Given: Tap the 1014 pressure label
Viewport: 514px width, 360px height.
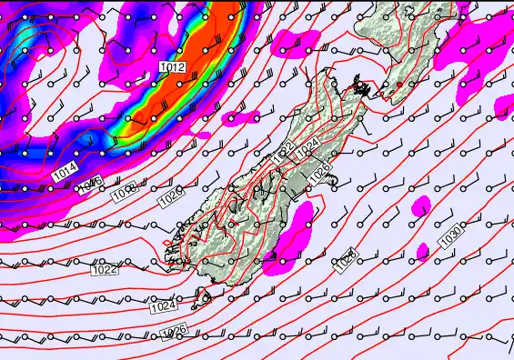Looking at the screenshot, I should pos(66,170).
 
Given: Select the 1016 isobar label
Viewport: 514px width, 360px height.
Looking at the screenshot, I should pos(89,184).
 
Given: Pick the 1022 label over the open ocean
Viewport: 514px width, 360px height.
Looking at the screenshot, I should pos(105,269).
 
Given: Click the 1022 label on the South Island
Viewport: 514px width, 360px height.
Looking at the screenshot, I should pos(283,153).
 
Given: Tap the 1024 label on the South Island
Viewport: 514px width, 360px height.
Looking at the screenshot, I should pos(308,145).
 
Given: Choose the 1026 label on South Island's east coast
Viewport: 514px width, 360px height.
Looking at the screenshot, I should pos(320,169).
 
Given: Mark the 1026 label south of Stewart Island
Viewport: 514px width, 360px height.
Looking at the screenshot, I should pos(173,333).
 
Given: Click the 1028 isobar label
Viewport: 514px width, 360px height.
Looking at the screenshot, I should pos(344,263).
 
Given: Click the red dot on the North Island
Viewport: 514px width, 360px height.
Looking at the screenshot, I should pos(398,85).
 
